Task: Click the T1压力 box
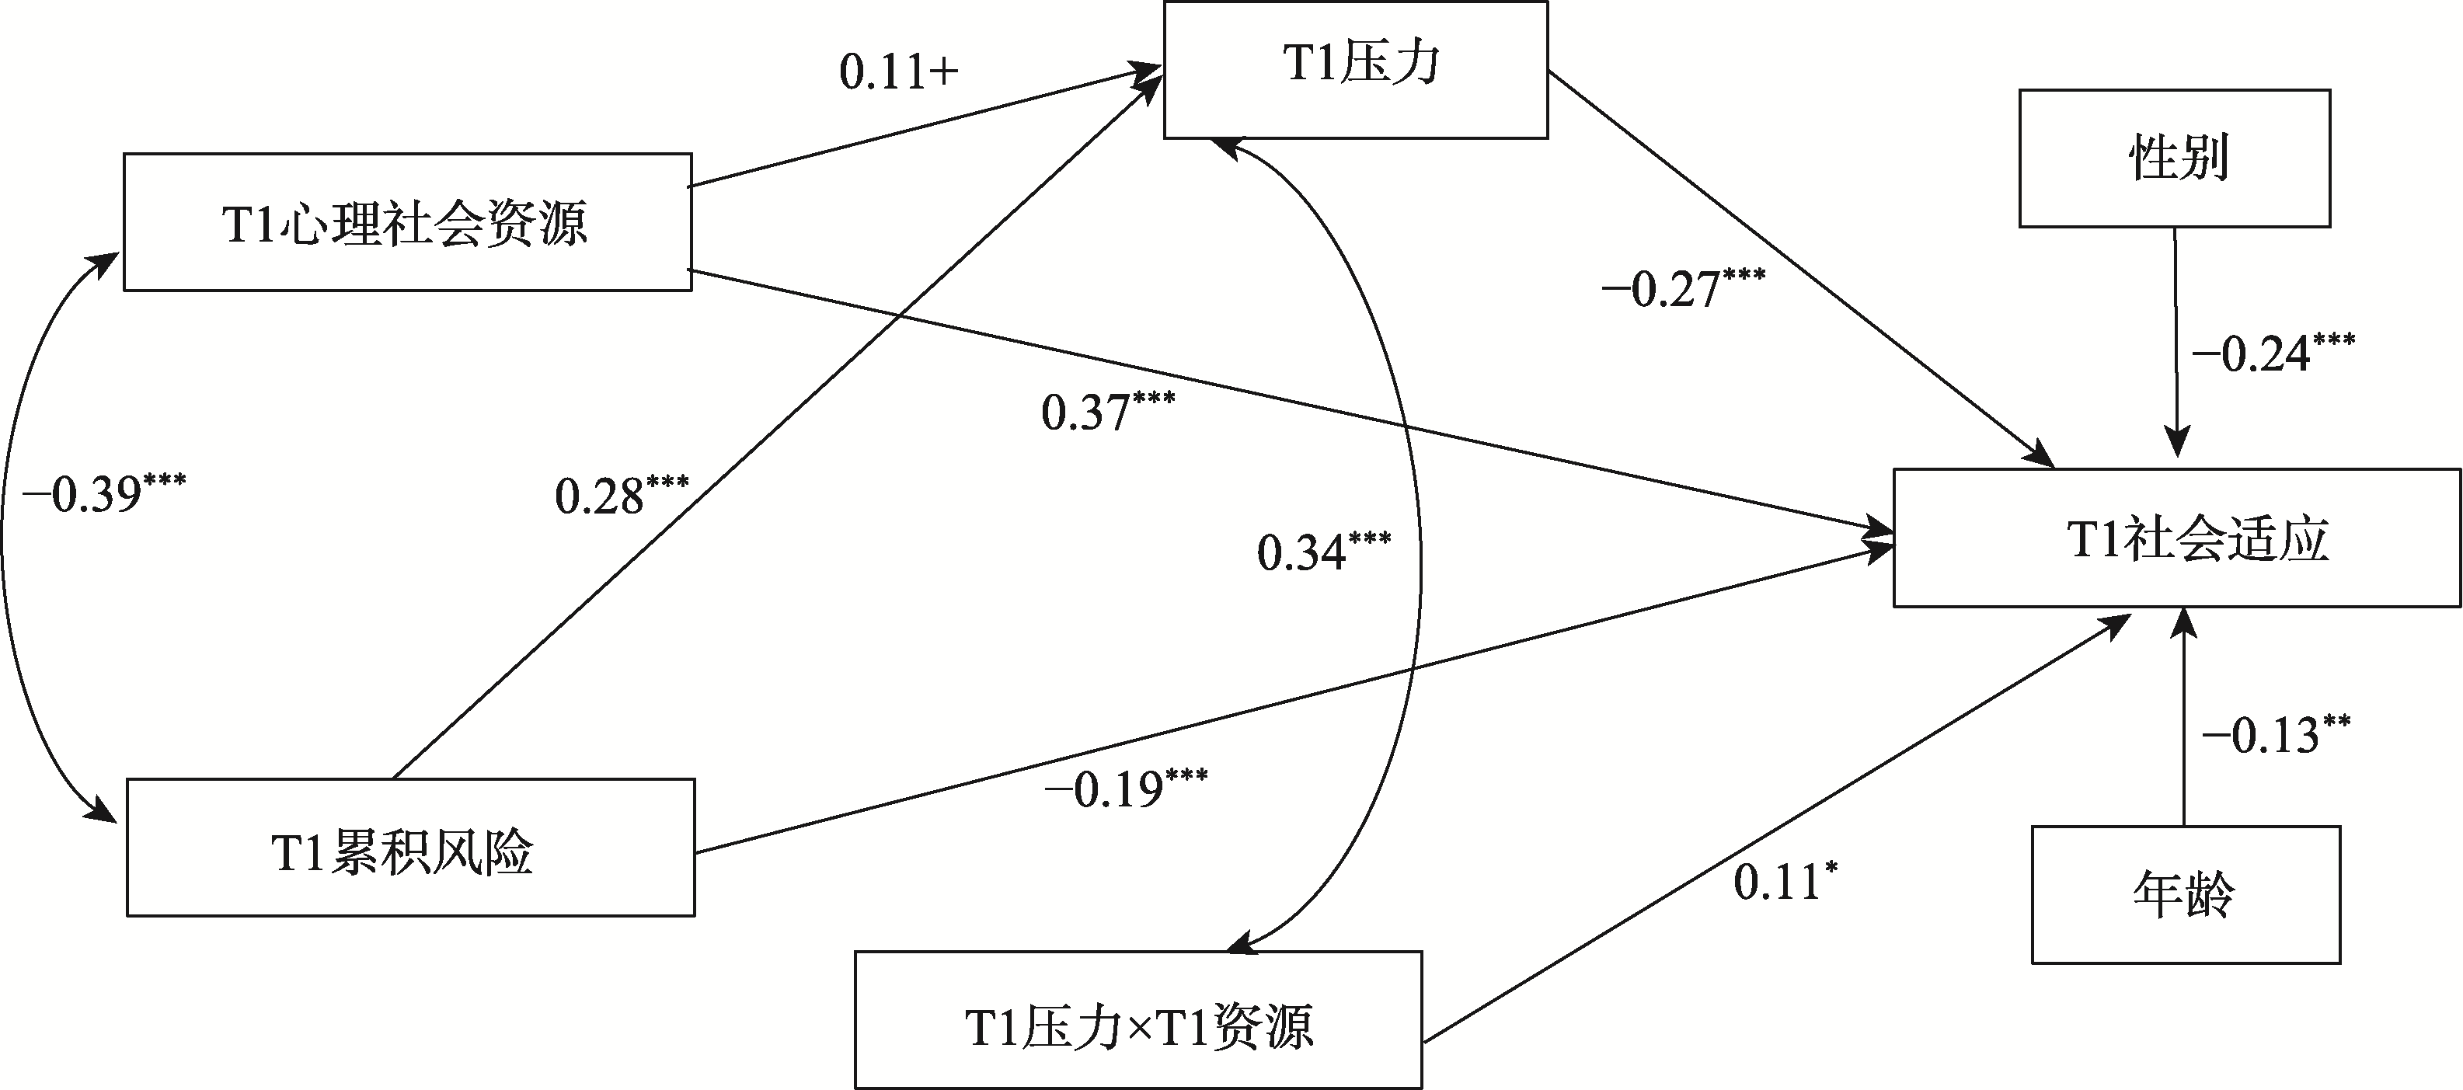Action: [1355, 70]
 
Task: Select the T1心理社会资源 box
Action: [407, 222]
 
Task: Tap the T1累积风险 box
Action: [411, 847]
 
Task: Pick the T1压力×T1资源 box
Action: [1137, 1019]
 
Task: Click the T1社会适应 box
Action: [2177, 538]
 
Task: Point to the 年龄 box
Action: [2186, 895]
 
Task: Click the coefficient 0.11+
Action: [899, 73]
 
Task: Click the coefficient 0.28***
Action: [622, 494]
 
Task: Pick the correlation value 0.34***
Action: [1324, 552]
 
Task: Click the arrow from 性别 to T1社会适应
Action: [2177, 343]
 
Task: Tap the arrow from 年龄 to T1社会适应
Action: [2183, 717]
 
